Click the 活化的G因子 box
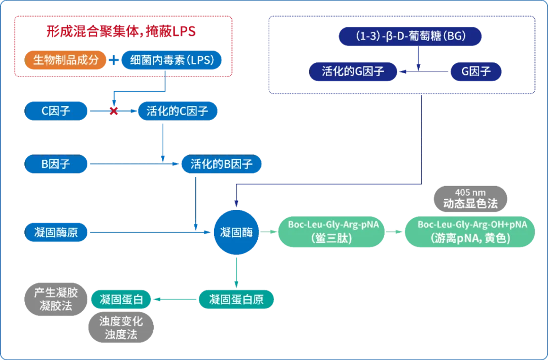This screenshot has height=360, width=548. click(x=353, y=71)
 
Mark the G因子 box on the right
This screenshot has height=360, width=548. click(x=476, y=71)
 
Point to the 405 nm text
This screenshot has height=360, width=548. click(x=469, y=192)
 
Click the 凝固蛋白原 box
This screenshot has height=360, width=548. click(x=236, y=300)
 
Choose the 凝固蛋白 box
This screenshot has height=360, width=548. click(x=122, y=300)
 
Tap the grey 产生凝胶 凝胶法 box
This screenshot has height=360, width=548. click(x=56, y=299)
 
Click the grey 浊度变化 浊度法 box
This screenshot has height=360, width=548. click(x=121, y=328)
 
